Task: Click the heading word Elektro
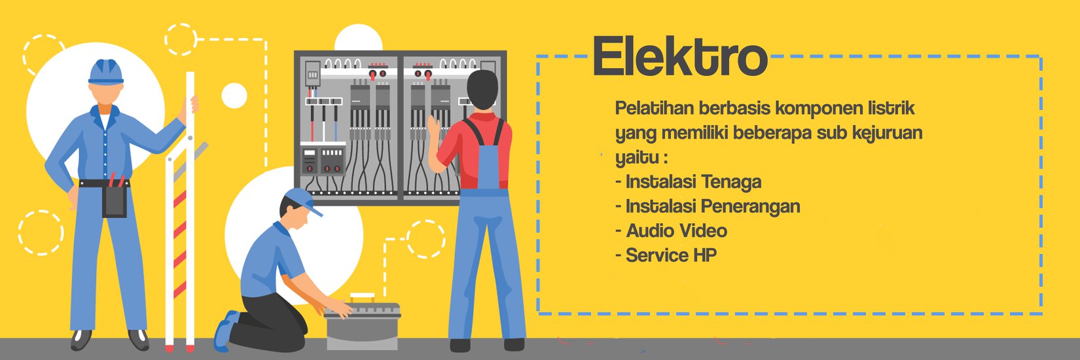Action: click(x=680, y=57)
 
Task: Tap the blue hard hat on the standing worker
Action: click(x=106, y=72)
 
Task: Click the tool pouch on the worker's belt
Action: click(x=115, y=201)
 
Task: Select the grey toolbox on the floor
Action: click(x=363, y=325)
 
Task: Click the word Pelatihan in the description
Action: click(x=654, y=109)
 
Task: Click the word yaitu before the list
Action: click(x=637, y=158)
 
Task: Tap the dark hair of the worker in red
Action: click(x=482, y=89)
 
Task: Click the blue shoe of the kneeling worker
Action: click(x=225, y=329)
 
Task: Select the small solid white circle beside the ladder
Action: click(x=234, y=95)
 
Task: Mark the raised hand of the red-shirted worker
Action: click(x=435, y=129)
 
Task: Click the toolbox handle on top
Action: click(x=363, y=297)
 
